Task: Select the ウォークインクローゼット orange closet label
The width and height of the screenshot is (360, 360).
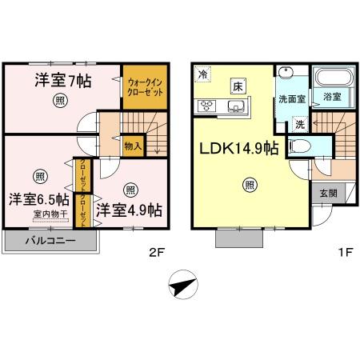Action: coord(144,86)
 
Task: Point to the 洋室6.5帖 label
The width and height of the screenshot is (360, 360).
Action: coord(38,198)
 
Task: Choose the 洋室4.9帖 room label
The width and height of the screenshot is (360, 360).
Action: coord(129,210)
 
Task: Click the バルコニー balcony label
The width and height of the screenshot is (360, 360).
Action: coord(50,240)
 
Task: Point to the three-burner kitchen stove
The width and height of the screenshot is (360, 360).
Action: coord(206,106)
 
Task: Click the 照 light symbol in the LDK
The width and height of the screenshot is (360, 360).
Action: coord(250,186)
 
